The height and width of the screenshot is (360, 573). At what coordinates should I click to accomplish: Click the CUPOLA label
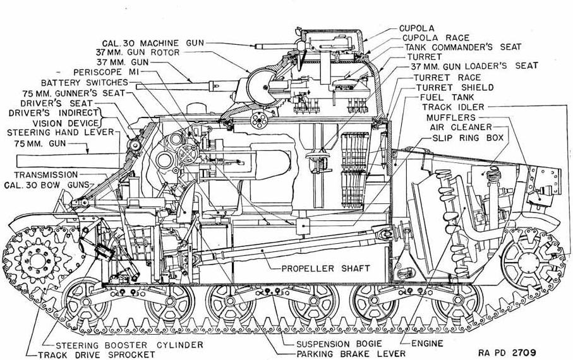point(416,28)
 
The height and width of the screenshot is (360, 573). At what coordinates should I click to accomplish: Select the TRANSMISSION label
point(47,174)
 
